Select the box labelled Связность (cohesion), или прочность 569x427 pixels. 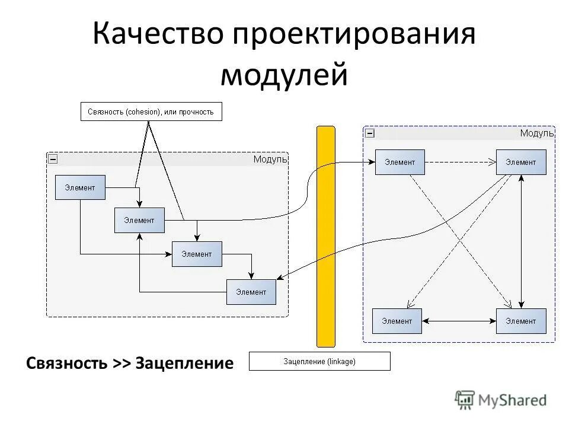coord(151,111)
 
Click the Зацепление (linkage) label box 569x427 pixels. coord(319,361)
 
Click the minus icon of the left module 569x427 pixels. coord(53,159)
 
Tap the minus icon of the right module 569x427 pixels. coord(369,133)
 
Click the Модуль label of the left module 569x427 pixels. coord(270,159)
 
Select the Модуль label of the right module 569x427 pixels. coord(536,133)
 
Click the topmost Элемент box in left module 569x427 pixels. coord(80,187)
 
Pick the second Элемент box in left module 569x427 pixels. coord(139,221)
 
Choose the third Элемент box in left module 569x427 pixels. coord(197,254)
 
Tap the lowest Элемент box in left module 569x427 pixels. coord(251,292)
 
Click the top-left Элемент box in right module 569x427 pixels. coord(399,162)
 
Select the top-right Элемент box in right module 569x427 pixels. coord(520,162)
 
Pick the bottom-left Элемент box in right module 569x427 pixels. coord(397,321)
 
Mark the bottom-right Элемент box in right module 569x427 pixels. coord(520,321)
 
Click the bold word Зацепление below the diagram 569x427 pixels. coord(184,363)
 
